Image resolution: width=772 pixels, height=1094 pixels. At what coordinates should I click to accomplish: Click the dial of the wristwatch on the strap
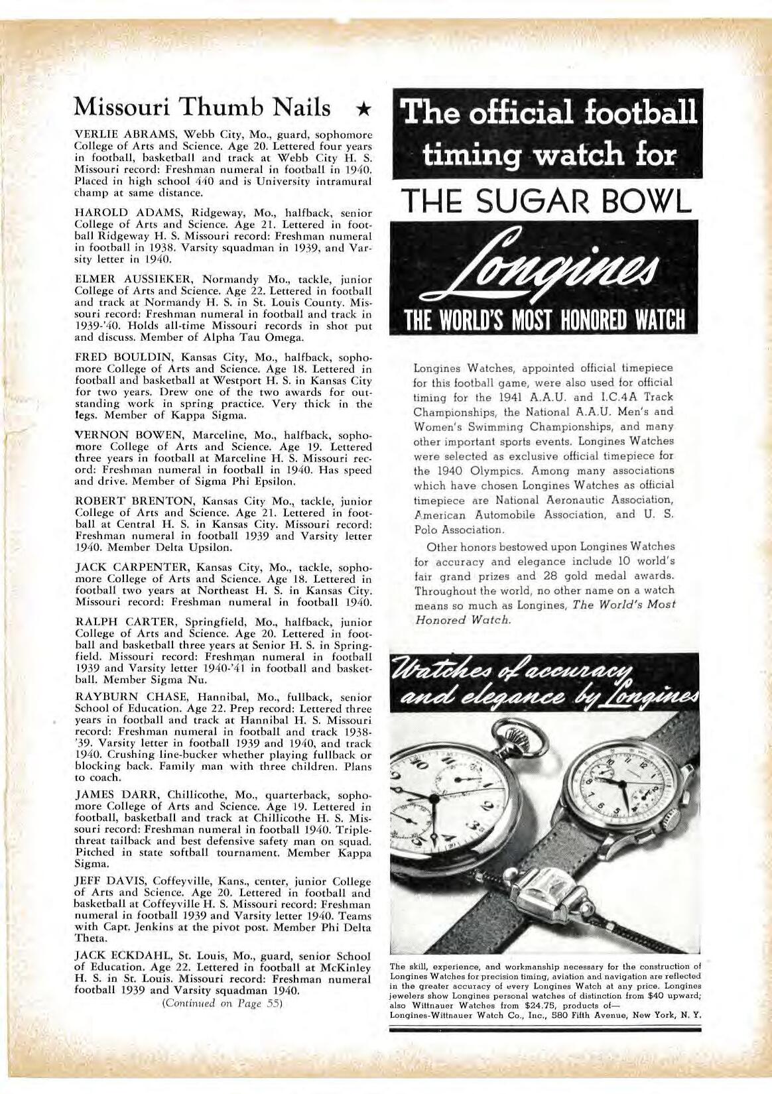[624, 783]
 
